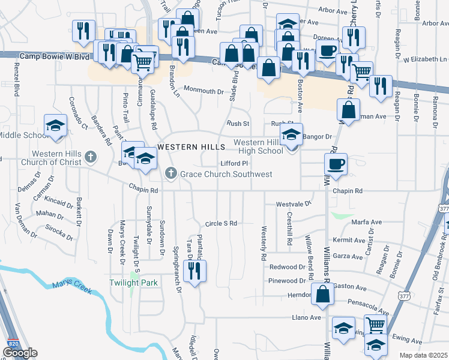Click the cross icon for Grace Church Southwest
(170, 174)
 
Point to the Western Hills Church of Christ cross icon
(91, 158)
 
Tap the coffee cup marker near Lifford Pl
(336, 164)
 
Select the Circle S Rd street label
(221, 223)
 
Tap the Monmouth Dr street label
(203, 91)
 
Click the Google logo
(20, 353)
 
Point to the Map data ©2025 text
(424, 355)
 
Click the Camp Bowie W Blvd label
(54, 56)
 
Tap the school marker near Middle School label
(56, 126)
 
